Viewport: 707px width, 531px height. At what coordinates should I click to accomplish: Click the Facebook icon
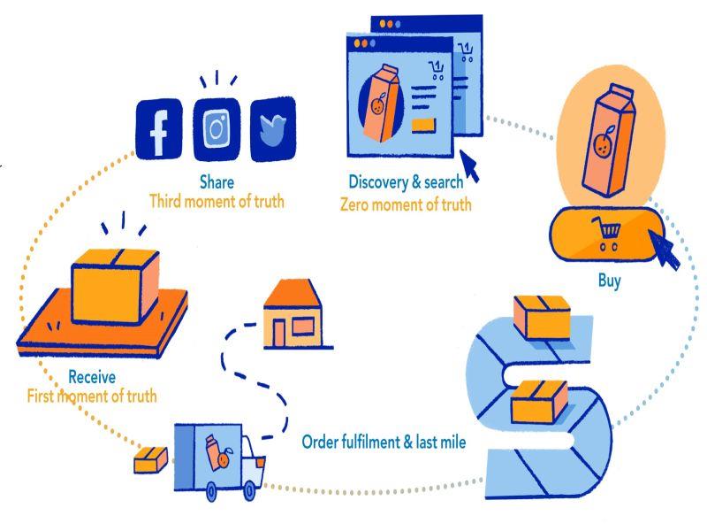click(159, 129)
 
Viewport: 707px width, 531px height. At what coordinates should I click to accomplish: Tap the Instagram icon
click(217, 129)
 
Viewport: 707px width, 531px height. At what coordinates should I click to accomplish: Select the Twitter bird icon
click(273, 129)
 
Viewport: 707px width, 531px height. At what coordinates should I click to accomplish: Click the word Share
click(217, 182)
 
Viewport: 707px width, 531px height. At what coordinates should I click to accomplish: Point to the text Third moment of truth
click(217, 202)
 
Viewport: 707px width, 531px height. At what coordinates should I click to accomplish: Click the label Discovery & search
click(406, 182)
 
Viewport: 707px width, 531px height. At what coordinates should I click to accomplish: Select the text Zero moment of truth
click(406, 204)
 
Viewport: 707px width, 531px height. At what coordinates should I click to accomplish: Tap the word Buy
click(610, 281)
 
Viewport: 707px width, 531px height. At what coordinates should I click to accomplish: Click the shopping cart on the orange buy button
click(607, 234)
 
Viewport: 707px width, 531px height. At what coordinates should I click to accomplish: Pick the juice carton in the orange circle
click(608, 140)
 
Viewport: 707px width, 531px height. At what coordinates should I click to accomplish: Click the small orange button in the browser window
click(424, 125)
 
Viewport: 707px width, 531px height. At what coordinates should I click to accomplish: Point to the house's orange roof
click(293, 293)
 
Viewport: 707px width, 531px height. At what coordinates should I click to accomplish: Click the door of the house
click(279, 334)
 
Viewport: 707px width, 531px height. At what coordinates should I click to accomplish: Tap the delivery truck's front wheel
click(249, 491)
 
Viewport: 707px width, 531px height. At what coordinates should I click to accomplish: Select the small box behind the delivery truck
click(151, 460)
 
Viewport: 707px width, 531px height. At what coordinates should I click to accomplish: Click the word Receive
click(92, 377)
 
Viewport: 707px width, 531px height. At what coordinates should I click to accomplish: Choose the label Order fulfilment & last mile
click(384, 442)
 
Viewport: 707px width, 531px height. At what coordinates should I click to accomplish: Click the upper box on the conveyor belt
click(542, 317)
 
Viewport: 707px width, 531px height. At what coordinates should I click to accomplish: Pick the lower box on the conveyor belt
click(539, 402)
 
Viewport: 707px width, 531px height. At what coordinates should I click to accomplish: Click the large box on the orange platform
click(116, 286)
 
